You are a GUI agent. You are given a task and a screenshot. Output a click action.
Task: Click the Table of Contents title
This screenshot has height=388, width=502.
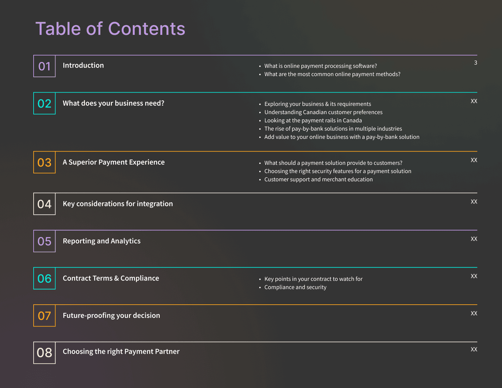pos(110,29)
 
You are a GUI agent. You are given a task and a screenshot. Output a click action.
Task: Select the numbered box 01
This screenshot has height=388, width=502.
pos(44,66)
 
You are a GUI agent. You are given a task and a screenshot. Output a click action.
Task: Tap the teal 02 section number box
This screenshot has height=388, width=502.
pos(44,104)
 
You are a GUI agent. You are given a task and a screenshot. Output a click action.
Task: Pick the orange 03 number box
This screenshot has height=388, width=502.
pos(44,163)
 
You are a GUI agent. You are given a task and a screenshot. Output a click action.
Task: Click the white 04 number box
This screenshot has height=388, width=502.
pos(44,204)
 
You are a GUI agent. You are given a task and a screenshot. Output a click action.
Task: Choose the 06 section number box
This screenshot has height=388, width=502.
pos(44,279)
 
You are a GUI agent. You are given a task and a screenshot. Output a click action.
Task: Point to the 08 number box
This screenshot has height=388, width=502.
pos(44,353)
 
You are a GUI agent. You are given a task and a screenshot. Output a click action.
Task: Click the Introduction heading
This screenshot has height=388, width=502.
pos(83,65)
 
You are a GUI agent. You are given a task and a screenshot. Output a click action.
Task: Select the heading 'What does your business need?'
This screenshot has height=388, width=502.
pos(113,103)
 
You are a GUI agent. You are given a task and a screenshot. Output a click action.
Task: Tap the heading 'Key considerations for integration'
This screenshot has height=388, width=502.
pos(118,204)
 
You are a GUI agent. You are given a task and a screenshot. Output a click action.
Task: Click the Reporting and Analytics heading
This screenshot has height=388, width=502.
pos(102,241)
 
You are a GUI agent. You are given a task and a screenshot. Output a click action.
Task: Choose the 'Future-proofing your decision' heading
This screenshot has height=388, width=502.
pos(112,316)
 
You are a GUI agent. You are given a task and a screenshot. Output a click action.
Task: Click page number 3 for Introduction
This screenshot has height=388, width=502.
pos(475,63)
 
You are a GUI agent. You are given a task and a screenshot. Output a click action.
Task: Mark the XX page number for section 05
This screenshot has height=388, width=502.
pos(474,239)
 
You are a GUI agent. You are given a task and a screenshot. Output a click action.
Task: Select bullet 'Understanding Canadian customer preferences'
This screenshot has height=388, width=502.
pos(323,112)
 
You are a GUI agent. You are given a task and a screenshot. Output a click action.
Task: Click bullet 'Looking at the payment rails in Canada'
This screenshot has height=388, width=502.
pos(313,120)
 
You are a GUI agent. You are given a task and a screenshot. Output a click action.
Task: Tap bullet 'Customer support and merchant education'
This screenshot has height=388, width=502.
pos(319,179)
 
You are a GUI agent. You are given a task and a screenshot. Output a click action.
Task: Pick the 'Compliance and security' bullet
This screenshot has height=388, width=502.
pos(295,287)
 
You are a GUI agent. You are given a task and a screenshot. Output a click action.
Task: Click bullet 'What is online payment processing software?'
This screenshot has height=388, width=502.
pos(321,66)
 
